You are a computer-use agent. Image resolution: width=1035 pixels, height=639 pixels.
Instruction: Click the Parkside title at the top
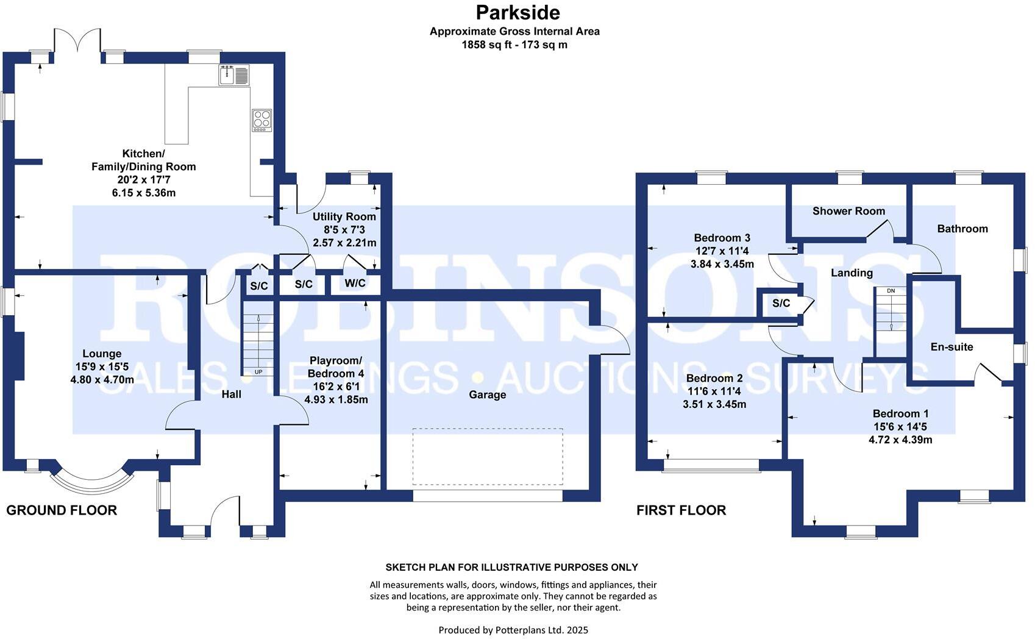click(517, 12)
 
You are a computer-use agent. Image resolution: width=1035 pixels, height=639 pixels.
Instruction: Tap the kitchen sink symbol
click(233, 75)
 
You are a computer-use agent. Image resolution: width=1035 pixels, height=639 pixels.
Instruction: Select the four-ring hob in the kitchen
click(261, 120)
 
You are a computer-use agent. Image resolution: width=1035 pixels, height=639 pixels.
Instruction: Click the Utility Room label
click(344, 216)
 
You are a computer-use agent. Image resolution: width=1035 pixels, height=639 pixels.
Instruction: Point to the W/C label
click(355, 284)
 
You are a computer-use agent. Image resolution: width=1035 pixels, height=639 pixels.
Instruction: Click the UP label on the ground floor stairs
click(258, 372)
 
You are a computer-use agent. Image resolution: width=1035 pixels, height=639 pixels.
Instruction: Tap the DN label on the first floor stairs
click(891, 291)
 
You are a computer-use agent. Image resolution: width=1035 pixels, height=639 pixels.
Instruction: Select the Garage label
click(487, 394)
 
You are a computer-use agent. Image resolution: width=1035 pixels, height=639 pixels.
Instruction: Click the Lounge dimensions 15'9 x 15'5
click(102, 366)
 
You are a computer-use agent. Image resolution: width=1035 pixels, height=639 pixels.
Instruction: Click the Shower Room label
click(848, 211)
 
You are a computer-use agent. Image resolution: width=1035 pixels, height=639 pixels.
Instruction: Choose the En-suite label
click(951, 346)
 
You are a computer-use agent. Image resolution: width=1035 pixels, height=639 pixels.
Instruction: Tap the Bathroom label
click(962, 229)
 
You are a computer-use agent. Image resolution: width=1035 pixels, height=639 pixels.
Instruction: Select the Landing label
click(852, 273)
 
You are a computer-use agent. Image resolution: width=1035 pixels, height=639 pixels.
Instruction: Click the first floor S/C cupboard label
click(781, 303)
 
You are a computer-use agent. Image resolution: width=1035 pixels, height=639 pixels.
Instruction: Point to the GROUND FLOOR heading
click(62, 510)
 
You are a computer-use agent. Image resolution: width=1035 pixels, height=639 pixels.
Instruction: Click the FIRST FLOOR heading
click(681, 510)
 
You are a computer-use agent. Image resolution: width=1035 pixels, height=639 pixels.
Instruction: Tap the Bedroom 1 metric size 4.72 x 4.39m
click(900, 440)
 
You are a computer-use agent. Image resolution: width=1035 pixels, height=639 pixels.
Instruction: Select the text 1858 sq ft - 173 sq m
click(514, 45)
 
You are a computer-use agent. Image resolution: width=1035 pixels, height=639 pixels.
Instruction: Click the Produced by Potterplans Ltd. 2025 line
click(513, 630)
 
